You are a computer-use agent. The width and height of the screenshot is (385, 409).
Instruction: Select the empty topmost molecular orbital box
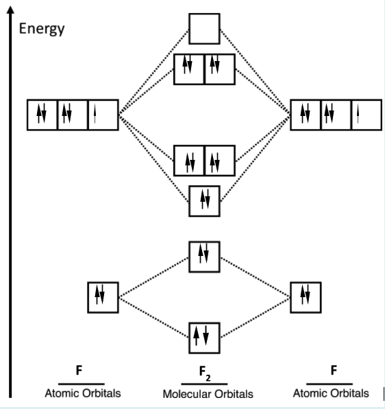[204, 29]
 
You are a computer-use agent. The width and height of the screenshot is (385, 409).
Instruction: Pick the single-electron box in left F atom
[103, 115]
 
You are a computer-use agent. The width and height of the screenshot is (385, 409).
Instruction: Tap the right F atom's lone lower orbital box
[304, 296]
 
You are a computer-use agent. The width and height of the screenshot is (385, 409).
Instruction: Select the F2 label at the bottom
[204, 373]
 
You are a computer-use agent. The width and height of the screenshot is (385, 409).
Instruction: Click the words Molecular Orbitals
[208, 395]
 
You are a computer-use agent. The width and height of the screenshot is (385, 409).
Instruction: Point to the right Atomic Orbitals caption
[330, 393]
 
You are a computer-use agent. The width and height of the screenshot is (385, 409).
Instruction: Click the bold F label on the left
[79, 371]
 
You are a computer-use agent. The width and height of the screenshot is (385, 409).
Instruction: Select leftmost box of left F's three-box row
[42, 115]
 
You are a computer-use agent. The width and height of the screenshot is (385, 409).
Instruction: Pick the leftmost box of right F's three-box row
[305, 115]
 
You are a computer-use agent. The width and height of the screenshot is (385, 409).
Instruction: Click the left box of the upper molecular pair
[189, 69]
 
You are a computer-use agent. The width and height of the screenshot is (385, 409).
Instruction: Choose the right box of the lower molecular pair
[219, 161]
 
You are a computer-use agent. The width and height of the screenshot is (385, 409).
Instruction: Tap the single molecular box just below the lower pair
[204, 200]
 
